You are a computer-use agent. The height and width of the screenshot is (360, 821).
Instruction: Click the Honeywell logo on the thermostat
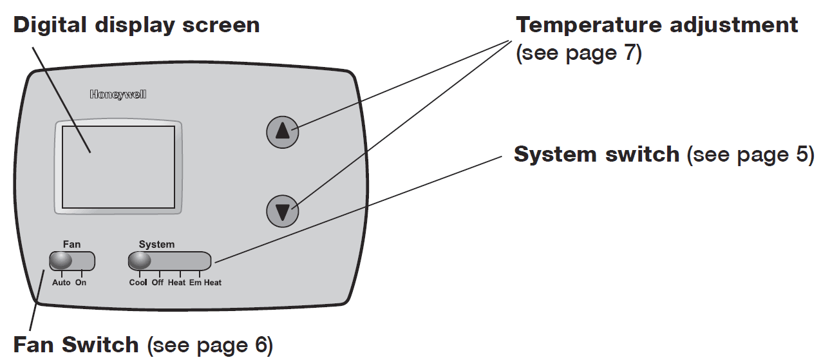(x=118, y=95)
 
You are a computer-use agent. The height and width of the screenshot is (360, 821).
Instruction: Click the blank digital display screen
(x=118, y=166)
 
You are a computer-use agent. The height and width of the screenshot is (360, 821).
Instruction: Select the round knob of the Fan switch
(x=61, y=260)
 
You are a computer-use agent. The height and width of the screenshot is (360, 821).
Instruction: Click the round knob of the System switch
(x=140, y=260)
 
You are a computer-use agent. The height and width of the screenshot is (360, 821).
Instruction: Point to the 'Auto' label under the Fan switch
(x=61, y=283)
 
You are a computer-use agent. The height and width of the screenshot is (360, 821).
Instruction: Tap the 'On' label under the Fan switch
(x=80, y=283)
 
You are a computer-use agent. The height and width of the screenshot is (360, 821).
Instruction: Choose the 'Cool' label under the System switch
(x=138, y=283)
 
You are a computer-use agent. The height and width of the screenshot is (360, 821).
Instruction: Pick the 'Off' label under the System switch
(x=158, y=283)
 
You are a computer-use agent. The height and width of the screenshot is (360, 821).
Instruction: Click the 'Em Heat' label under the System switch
(x=205, y=283)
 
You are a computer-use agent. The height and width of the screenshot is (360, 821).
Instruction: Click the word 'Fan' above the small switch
(x=71, y=244)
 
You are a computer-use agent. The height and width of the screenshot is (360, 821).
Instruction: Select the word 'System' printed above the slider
(x=156, y=244)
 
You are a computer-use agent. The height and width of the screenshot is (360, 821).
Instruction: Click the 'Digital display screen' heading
(x=137, y=25)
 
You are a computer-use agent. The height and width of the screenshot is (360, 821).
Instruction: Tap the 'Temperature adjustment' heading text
(x=657, y=25)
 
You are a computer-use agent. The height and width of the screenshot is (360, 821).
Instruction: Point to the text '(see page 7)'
(x=579, y=53)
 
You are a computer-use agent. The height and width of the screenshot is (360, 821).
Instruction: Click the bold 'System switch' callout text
(x=596, y=155)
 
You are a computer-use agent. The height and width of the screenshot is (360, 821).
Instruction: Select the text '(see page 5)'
(x=751, y=155)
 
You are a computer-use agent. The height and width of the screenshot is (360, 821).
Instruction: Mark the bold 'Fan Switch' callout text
(x=76, y=345)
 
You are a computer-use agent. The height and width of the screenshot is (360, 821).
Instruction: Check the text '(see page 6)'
(x=211, y=345)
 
